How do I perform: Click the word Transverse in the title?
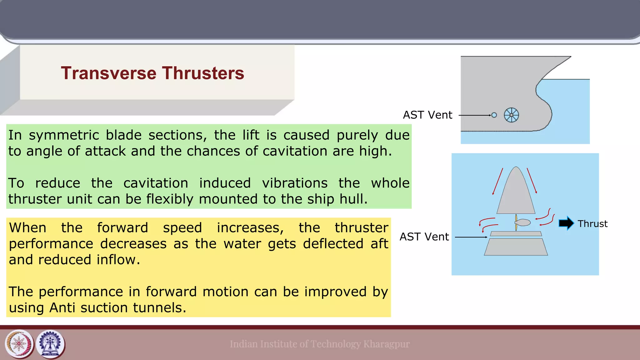108,73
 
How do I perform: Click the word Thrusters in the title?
203,73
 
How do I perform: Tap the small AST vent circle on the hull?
494,115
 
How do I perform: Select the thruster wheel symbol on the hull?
511,115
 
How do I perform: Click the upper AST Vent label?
427,115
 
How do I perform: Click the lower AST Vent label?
424,237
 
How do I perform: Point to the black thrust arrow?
566,223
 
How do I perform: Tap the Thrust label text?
592,224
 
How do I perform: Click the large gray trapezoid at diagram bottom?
516,247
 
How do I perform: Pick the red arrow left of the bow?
498,181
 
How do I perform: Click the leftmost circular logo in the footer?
19,344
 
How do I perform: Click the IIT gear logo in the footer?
50,344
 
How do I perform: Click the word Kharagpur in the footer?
386,344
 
